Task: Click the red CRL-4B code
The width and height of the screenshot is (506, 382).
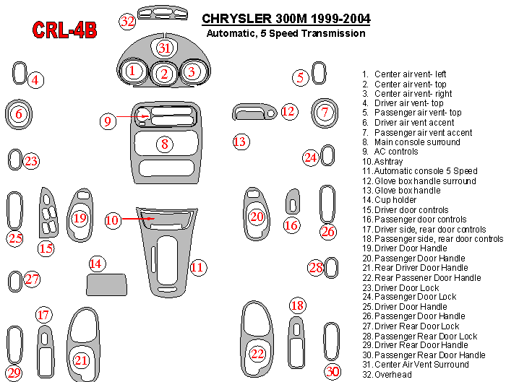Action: tap(64, 30)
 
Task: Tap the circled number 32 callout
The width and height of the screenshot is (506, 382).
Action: tap(127, 22)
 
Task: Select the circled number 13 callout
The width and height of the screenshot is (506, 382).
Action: tap(241, 142)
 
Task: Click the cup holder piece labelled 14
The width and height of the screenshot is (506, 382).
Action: tap(106, 285)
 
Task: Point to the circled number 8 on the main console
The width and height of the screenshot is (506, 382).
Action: tap(165, 144)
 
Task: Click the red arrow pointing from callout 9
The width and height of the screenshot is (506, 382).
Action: tap(132, 116)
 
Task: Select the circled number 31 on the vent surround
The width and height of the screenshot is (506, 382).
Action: tap(165, 48)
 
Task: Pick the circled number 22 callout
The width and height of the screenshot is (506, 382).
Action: tap(257, 354)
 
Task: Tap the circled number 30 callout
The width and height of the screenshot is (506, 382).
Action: tap(333, 371)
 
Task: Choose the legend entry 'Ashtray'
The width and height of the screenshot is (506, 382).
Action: tap(382, 161)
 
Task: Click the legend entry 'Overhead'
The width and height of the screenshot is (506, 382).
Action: tap(387, 374)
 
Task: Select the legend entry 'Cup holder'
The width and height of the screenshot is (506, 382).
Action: tap(389, 200)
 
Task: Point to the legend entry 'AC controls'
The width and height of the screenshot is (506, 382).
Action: tap(390, 152)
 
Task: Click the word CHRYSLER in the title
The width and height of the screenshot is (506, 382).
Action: tap(237, 18)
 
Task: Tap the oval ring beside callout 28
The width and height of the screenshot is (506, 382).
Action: tap(331, 268)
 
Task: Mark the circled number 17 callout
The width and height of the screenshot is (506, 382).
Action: tap(43, 315)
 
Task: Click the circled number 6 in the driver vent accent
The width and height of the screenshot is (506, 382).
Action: tap(19, 113)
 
